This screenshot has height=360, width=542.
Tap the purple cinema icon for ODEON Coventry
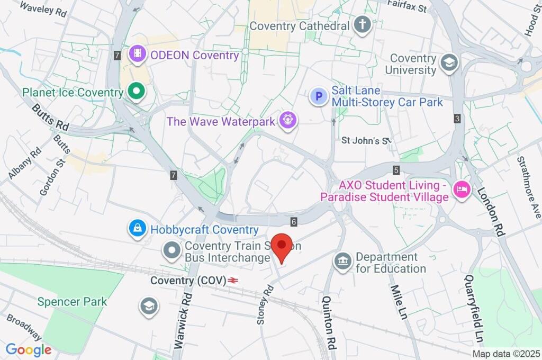pyautogui.click(x=137, y=53)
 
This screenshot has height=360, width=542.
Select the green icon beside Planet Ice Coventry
pyautogui.click(x=137, y=91)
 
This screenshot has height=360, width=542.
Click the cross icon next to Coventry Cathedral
pyautogui.click(x=362, y=24)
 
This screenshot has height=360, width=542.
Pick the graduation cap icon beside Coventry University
pyautogui.click(x=450, y=62)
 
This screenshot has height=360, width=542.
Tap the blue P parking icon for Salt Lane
pyautogui.click(x=319, y=96)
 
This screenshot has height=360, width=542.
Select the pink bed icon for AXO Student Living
pyautogui.click(x=462, y=191)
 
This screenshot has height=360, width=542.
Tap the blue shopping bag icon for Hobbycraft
pyautogui.click(x=137, y=229)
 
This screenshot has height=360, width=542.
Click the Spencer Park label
pyautogui.click(x=72, y=302)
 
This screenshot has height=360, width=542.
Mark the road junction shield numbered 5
pyautogui.click(x=396, y=170)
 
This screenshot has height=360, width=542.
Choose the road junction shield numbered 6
pyautogui.click(x=293, y=221)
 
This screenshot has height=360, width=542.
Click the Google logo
pyautogui.click(x=28, y=349)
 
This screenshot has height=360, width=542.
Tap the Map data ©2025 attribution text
pyautogui.click(x=506, y=354)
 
